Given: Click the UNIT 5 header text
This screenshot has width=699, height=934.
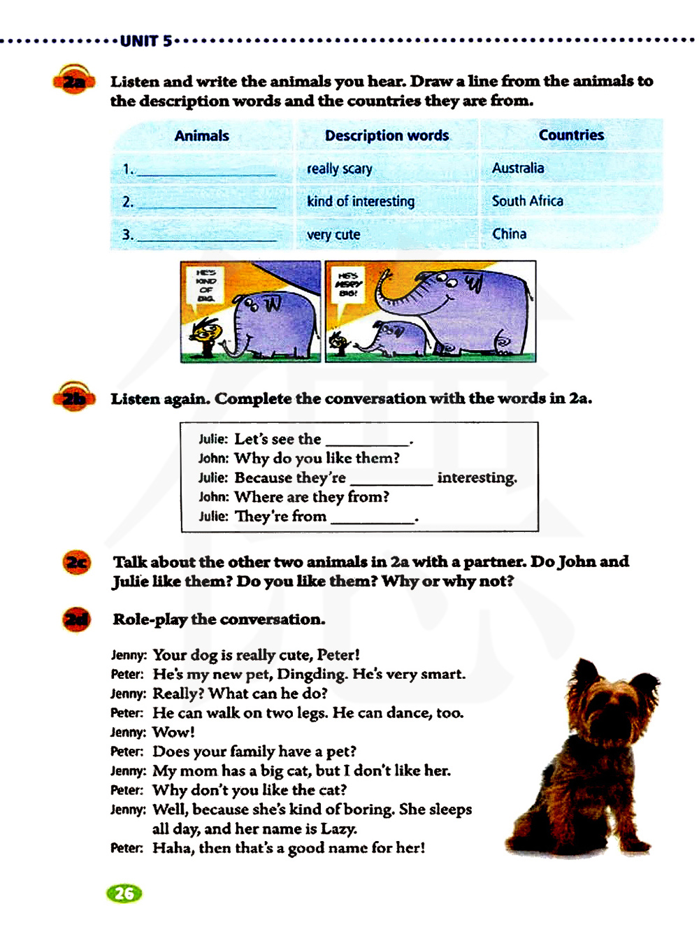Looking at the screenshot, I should [x=145, y=41].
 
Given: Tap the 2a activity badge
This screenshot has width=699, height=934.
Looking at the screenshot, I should [x=73, y=82].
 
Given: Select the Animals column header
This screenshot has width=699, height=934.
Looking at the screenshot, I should [x=201, y=136].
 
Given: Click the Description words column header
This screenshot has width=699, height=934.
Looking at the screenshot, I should [x=387, y=136].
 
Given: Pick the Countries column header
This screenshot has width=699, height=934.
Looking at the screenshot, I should [x=571, y=135].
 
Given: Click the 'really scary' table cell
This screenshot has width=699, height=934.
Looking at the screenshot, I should [x=340, y=168].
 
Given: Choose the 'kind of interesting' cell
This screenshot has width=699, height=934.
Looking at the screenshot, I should [x=361, y=201].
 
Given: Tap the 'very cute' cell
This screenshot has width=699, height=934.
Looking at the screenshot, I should [x=333, y=235].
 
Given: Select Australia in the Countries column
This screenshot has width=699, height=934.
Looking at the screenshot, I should [x=518, y=168].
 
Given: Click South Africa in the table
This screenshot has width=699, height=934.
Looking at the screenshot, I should [x=528, y=201].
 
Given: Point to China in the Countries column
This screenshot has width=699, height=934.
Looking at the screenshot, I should [x=510, y=234].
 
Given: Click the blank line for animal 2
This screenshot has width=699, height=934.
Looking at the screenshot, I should [x=207, y=203].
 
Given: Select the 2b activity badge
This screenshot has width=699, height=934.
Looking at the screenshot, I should [x=73, y=398].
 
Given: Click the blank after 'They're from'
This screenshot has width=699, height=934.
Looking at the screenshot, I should [x=373, y=517].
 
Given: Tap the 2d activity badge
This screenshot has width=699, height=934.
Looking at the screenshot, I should [x=77, y=619].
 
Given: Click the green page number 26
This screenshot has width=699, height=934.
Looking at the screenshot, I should [x=124, y=893].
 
